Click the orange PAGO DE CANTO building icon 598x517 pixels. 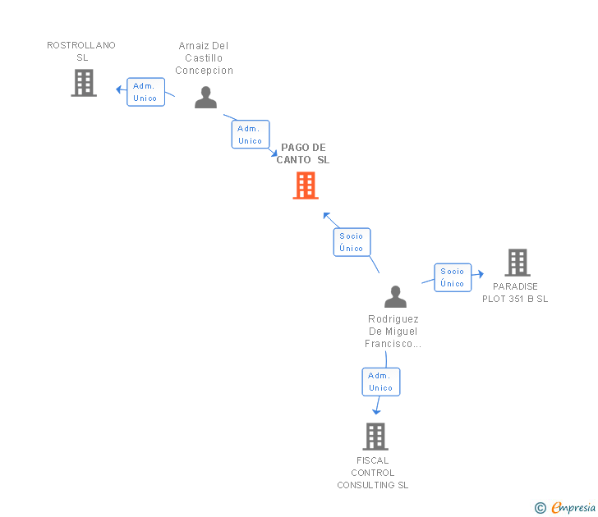coord(306,185)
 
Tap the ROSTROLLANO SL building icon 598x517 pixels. coord(84,83)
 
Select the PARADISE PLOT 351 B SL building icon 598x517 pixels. coord(517,263)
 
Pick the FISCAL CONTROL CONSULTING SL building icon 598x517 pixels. coord(375,437)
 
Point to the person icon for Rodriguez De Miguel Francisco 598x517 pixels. coord(395,297)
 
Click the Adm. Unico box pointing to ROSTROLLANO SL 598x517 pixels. coord(145,92)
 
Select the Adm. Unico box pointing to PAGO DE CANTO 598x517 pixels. coord(250,135)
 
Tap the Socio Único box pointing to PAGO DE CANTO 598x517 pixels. coord(352,242)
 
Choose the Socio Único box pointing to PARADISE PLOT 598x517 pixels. coord(453,277)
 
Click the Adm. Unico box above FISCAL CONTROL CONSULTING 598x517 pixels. coord(381,382)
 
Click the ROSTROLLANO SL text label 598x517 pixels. coord(81,52)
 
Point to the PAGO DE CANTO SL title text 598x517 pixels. coord(303,154)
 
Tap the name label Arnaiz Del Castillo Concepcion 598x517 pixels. coord(205,58)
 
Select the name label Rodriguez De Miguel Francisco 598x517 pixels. coord(393,332)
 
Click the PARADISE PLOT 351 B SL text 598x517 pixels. coord(515,293)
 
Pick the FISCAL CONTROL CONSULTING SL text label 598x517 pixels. coord(373,473)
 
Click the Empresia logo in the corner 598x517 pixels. coord(573,508)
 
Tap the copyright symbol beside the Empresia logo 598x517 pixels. coord(540,508)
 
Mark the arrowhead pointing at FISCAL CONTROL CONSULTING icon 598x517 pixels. coord(376,410)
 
